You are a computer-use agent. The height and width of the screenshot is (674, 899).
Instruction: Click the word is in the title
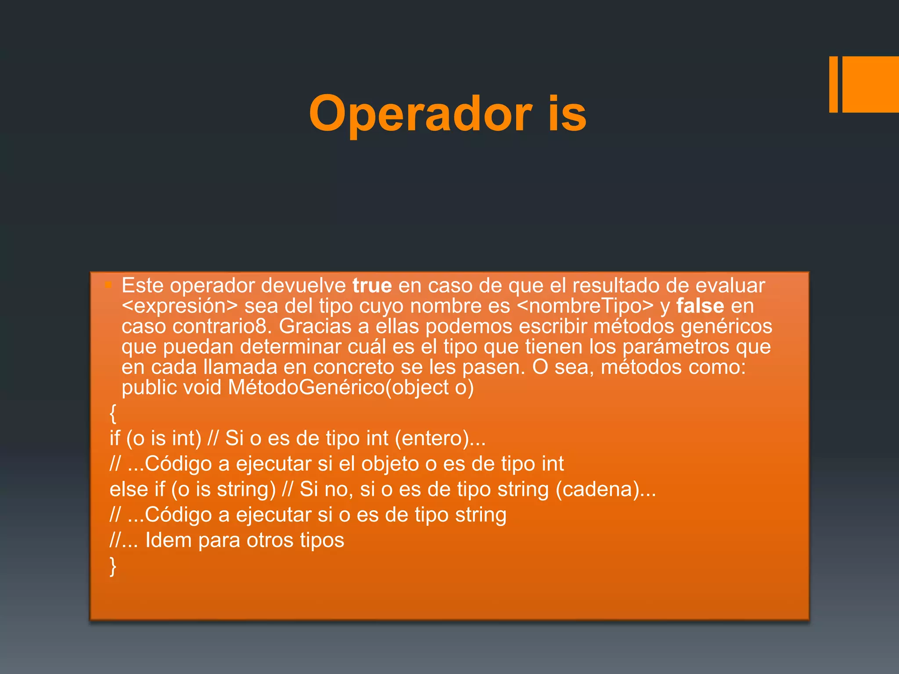click(567, 114)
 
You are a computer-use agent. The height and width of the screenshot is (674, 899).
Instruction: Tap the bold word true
click(372, 286)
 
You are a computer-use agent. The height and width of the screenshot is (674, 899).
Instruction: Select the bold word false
click(700, 306)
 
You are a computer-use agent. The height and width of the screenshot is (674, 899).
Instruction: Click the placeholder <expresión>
click(180, 306)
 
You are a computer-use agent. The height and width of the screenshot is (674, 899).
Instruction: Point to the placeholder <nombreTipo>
click(586, 306)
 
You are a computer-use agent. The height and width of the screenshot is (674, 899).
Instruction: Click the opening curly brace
click(113, 413)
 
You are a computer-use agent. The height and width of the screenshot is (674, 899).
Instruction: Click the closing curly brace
click(113, 566)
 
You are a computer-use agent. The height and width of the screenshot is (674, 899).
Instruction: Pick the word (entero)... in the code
click(440, 438)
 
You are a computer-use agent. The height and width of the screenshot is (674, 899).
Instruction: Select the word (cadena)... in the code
click(606, 489)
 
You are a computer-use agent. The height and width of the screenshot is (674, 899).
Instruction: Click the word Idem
click(169, 540)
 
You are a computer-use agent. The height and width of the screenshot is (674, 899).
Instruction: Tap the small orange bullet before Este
click(108, 286)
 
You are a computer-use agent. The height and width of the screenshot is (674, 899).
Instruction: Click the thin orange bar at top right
click(833, 84)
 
